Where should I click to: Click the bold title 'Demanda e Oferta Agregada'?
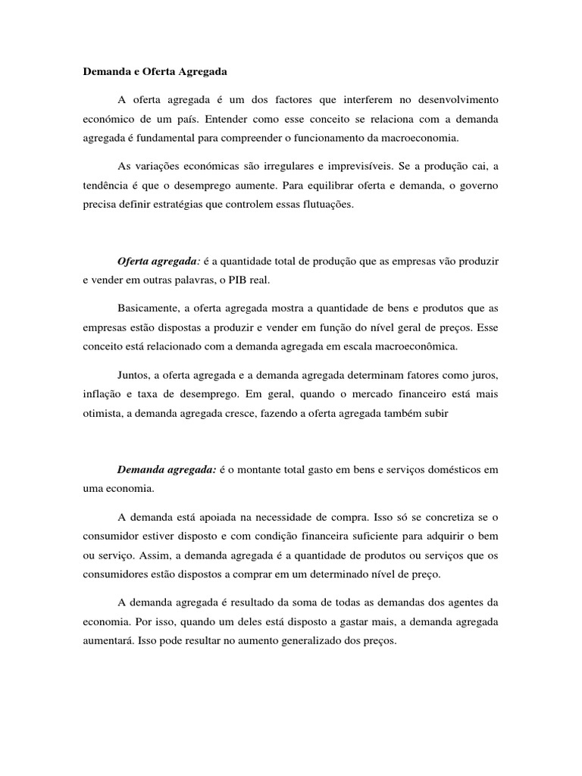coord(155,73)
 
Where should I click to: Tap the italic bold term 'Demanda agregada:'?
coord(166,470)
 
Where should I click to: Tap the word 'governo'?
coord(480,186)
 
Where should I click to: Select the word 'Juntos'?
coord(133,374)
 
